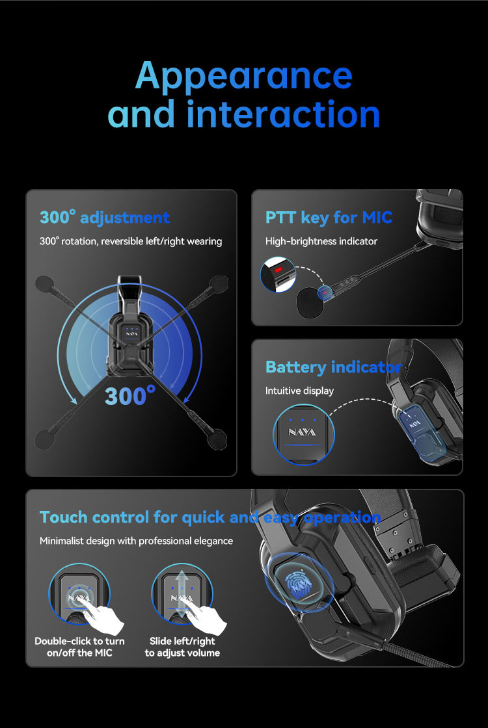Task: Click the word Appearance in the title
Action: coord(244,76)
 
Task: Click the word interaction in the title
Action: coord(284,114)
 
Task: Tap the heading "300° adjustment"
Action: coord(105,217)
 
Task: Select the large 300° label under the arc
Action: coord(130,396)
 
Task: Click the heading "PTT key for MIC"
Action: coord(329,217)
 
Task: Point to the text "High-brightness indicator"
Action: coord(321,241)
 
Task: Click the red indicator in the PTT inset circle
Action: coord(278,269)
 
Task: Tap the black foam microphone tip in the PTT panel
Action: coord(309,303)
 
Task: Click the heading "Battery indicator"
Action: coord(333,367)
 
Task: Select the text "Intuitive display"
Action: coord(299,391)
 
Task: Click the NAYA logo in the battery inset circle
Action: coord(302,432)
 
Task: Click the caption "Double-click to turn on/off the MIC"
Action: coord(79,647)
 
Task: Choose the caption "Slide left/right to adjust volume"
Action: coord(182,647)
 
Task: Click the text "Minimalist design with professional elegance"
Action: coord(136,541)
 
